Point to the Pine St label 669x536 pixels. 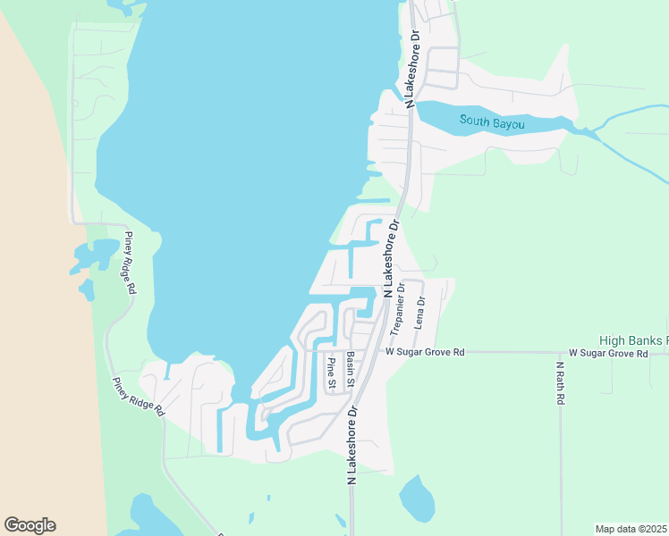tap(331, 373)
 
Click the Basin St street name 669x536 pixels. tap(351, 370)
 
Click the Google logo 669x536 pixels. tap(30, 525)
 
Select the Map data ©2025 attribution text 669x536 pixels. tap(631, 529)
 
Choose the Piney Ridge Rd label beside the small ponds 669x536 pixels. tap(130, 263)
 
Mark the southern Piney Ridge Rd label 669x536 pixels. tap(138, 396)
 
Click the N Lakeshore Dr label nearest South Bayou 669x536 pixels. tap(413, 69)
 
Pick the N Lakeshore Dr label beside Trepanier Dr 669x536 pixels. tap(391, 260)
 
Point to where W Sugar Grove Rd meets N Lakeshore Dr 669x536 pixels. tap(377, 352)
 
